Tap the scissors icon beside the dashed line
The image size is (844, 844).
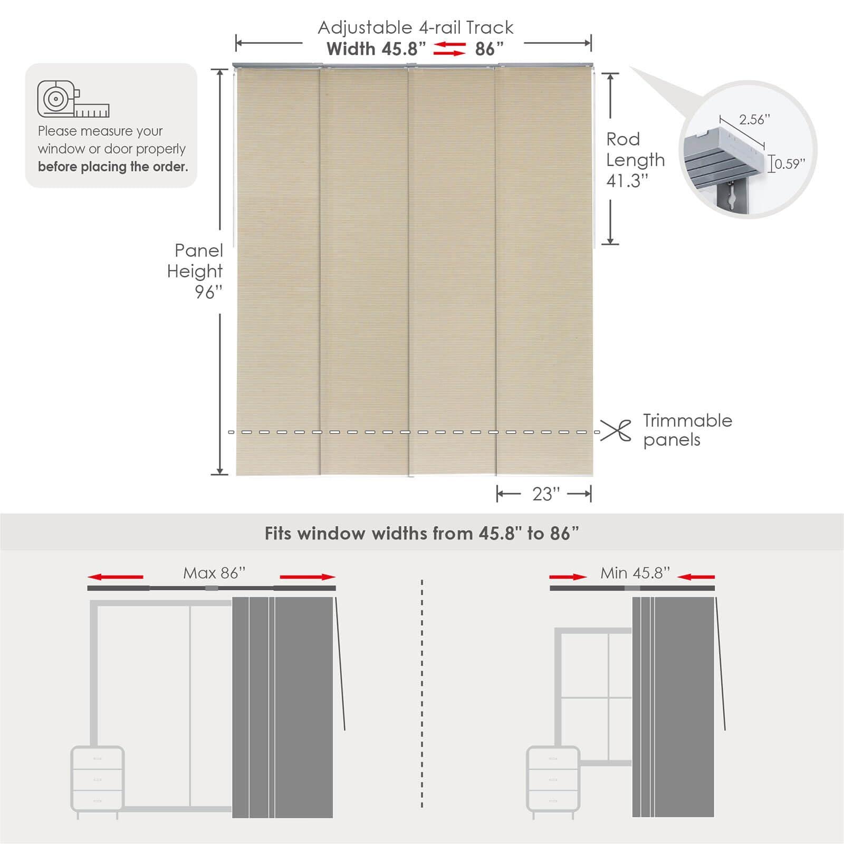pos(616,430)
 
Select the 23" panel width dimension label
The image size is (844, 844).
pos(545,494)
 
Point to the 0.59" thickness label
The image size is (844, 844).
pos(790,164)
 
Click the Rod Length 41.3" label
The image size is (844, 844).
pos(635,160)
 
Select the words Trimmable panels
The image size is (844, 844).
pos(687,430)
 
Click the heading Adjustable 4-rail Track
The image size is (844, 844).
pos(415,27)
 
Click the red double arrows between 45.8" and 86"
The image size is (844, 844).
pos(449,49)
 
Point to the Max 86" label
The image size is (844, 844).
pos(214,573)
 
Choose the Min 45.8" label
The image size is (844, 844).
pos(635,573)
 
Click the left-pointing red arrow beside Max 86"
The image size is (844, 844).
pos(116,577)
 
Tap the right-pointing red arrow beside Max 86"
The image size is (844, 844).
pos(308,577)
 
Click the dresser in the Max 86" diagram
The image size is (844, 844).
pos(98,780)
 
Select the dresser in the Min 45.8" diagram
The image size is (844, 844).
pos(553,780)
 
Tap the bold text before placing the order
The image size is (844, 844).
pos(113,167)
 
